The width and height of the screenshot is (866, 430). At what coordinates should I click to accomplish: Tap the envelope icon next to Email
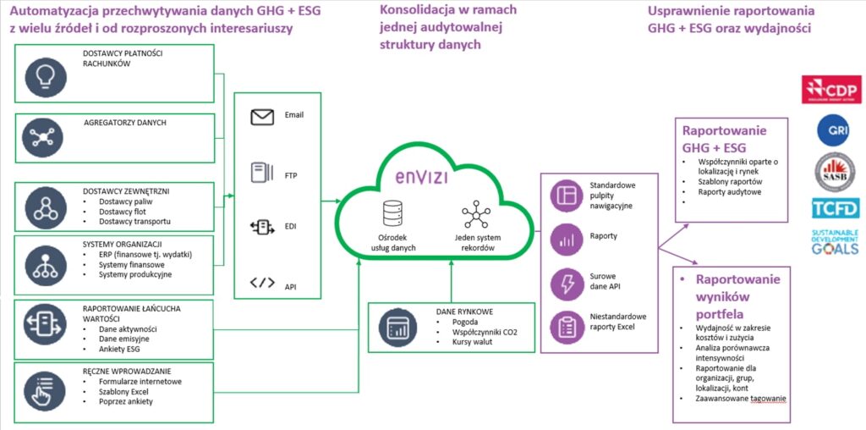(x=262, y=117)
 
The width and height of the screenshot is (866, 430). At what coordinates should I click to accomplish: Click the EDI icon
(x=262, y=227)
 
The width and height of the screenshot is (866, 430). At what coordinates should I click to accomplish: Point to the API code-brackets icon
(x=262, y=283)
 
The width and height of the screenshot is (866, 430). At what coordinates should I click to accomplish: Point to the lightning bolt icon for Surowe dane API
(x=563, y=282)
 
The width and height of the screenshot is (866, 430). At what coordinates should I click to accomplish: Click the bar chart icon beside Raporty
(x=563, y=239)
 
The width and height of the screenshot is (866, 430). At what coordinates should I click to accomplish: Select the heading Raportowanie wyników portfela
(x=732, y=296)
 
